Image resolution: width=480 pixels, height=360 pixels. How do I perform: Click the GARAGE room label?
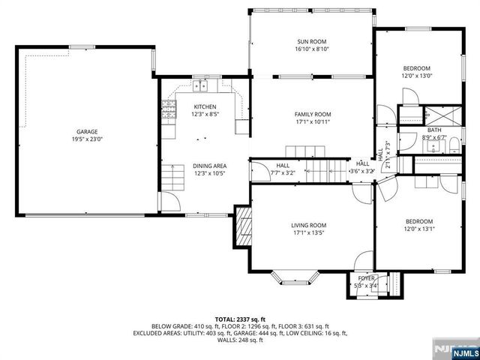click(87, 130)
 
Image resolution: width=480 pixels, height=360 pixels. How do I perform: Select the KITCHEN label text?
click(205, 106)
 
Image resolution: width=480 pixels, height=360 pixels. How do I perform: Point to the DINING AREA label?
click(210, 166)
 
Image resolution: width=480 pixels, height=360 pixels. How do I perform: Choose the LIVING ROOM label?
click(309, 224)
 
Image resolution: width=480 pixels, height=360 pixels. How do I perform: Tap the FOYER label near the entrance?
click(366, 277)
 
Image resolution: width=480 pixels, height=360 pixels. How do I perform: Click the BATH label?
click(434, 130)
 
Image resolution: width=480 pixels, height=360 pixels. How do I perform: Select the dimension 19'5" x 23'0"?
click(87, 138)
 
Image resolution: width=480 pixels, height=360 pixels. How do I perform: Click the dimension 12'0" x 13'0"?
click(417, 76)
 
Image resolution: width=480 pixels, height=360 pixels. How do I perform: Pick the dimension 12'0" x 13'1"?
click(418, 229)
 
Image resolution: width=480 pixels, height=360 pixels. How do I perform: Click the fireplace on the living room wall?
click(243, 226)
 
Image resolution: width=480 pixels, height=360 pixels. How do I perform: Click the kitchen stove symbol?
click(169, 113)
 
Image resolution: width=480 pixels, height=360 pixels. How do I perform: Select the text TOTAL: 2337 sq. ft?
click(240, 319)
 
